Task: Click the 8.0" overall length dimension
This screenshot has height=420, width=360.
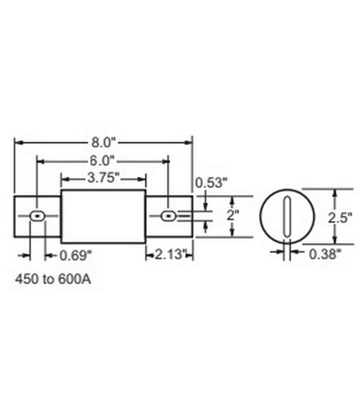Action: pyautogui.click(x=103, y=141)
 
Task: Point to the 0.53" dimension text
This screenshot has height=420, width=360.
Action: pyautogui.click(x=210, y=182)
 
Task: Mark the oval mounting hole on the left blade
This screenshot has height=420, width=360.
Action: pyautogui.click(x=36, y=217)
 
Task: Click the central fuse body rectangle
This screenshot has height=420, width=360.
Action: pyautogui.click(x=103, y=217)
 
